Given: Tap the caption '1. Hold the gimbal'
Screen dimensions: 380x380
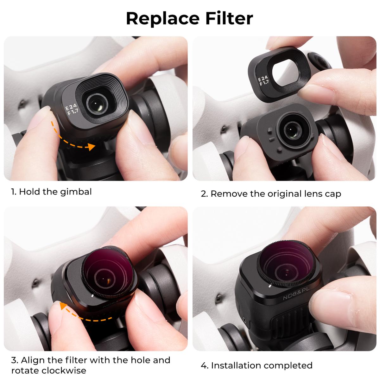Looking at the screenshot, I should (51, 192).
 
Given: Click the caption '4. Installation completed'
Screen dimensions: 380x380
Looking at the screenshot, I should (256, 365).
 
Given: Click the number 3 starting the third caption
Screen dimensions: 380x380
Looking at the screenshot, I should (14, 360).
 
